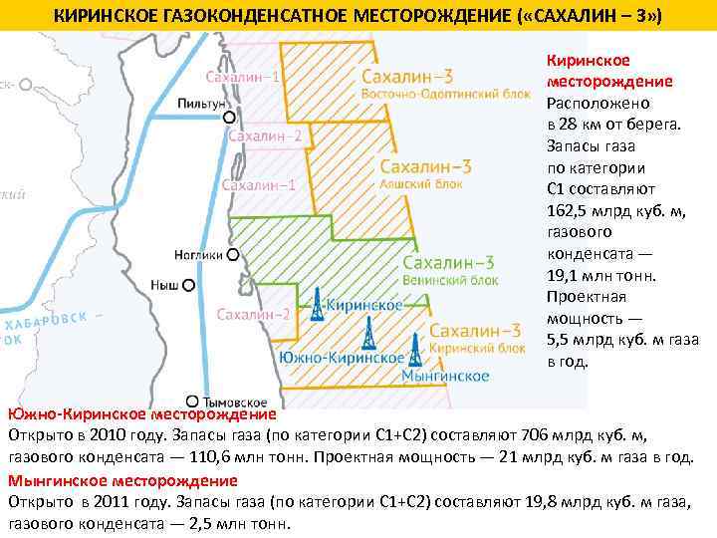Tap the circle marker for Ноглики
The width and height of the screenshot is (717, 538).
pos(233,255)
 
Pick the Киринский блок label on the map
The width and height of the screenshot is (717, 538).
pos(477,348)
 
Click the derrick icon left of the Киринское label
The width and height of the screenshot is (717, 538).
pos(316,305)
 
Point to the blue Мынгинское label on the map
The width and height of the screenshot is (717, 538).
pos(445,376)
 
